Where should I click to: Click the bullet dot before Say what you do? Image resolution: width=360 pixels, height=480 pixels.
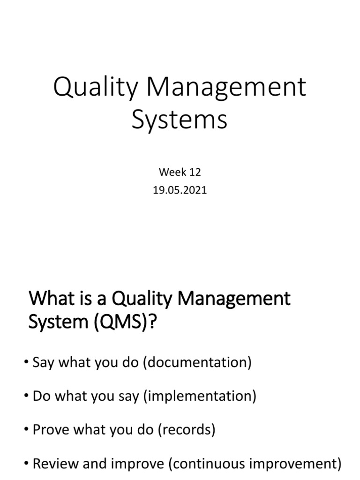(x=27, y=364)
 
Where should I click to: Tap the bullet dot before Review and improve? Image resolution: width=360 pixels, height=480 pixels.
(x=27, y=465)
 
